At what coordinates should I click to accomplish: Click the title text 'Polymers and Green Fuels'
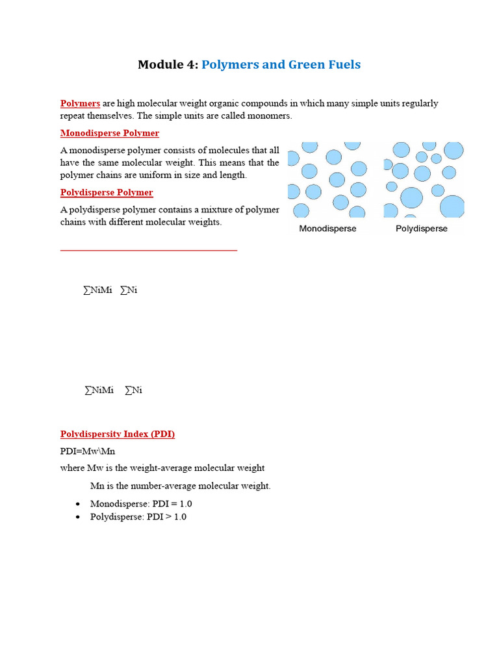click(x=281, y=64)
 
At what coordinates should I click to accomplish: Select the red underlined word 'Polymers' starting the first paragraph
click(x=80, y=103)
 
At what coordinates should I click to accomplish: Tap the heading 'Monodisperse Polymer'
click(x=109, y=133)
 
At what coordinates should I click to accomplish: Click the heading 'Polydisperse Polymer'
click(x=107, y=192)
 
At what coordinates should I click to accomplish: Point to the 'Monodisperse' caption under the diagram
click(x=327, y=229)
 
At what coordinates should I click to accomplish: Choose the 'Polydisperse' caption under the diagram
click(x=421, y=229)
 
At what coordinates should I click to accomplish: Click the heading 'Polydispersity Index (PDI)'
click(x=117, y=434)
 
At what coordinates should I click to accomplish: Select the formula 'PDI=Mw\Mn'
click(x=88, y=451)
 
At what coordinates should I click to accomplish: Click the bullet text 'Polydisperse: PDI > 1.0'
click(x=138, y=517)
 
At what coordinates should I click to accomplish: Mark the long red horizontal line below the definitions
click(x=149, y=249)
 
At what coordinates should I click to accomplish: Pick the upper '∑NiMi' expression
click(x=97, y=290)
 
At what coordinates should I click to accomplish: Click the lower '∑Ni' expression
click(x=133, y=390)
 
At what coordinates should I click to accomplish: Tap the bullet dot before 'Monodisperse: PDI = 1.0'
click(x=78, y=504)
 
